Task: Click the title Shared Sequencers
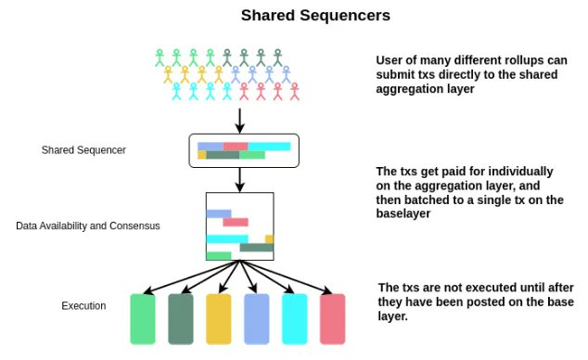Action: pyautogui.click(x=295, y=16)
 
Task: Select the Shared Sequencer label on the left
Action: pyautogui.click(x=83, y=150)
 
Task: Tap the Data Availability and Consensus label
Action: pyautogui.click(x=88, y=225)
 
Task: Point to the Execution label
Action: pyautogui.click(x=83, y=305)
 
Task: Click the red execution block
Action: pyautogui.click(x=332, y=319)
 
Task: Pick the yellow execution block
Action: pyautogui.click(x=218, y=319)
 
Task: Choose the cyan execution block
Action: pyautogui.click(x=294, y=319)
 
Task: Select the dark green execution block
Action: pyautogui.click(x=180, y=319)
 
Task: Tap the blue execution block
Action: pyautogui.click(x=256, y=319)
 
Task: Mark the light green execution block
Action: pyautogui.click(x=142, y=319)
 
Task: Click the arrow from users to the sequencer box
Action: pyautogui.click(x=240, y=120)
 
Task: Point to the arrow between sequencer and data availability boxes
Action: pyautogui.click(x=240, y=179)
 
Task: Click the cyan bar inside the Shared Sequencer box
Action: pyautogui.click(x=269, y=146)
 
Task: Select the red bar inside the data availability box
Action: pyautogui.click(x=236, y=222)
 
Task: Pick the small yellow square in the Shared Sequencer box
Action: pyautogui.click(x=201, y=155)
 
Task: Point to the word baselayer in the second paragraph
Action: pyautogui.click(x=408, y=214)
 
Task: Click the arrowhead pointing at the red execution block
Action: pyautogui.click(x=327, y=289)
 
